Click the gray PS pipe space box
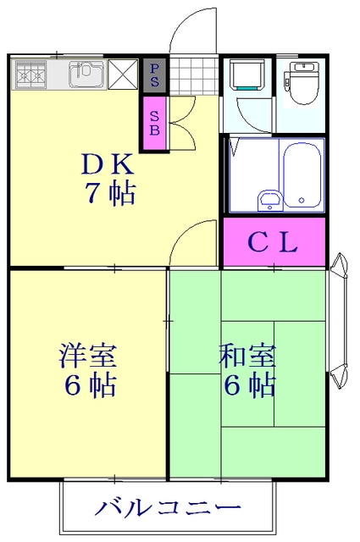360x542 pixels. coord(154,75)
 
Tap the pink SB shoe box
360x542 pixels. coord(154,123)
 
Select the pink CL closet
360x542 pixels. coord(274,242)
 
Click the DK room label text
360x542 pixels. coord(108,164)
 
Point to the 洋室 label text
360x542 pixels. coord(88,356)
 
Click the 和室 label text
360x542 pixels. coord(247,356)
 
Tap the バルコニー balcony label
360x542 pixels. coord(168,507)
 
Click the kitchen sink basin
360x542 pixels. coord(86,74)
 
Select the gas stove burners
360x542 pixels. coord(30,74)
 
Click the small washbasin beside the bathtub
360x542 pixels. coord(269,200)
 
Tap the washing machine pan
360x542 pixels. coord(247,75)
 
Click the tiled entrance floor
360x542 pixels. coord(194,75)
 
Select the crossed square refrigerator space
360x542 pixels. coord(123,74)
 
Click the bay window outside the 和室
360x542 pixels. coord(340,321)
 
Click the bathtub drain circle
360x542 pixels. coord(302,200)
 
